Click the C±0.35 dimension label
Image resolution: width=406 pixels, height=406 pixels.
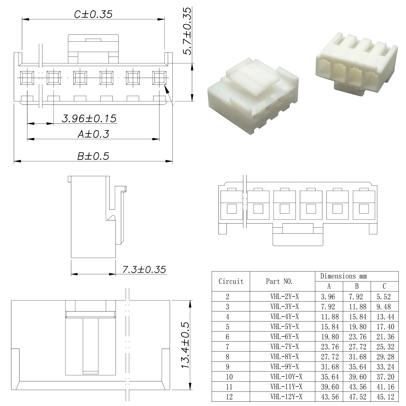coord(93,14)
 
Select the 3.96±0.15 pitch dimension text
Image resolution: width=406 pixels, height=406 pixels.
coord(89,118)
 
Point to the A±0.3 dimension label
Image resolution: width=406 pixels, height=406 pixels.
coord(93,134)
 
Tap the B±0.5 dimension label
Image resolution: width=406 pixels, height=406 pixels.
coord(93,156)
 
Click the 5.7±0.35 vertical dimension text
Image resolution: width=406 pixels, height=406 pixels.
coord(187,31)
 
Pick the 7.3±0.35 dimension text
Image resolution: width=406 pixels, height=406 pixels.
coord(144,269)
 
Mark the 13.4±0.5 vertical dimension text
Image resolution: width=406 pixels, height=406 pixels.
coord(185,345)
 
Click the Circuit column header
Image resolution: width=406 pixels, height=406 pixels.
coord(231,281)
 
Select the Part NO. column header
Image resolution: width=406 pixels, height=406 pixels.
coord(279,281)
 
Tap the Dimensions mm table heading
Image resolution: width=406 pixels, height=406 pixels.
coord(343,276)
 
